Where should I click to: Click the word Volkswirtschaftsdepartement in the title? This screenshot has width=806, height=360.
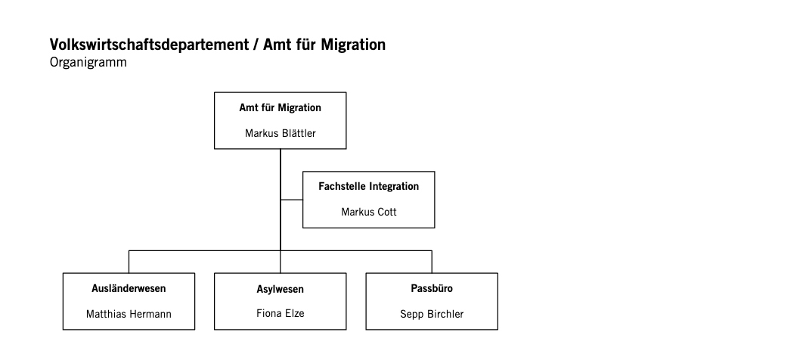click(149, 45)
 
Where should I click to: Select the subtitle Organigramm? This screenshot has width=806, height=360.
click(88, 63)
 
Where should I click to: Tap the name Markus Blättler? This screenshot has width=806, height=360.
click(281, 133)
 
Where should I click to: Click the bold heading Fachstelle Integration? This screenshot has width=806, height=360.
click(368, 186)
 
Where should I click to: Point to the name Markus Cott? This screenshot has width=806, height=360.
click(368, 212)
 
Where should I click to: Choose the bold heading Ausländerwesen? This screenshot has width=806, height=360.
click(129, 288)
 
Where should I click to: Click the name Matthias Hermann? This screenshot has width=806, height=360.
click(129, 314)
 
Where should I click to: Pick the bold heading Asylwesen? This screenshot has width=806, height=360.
click(281, 289)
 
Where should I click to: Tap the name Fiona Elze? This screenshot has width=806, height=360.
click(281, 313)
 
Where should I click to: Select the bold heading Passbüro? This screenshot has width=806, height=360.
click(432, 288)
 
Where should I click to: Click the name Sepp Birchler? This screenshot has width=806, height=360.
click(432, 314)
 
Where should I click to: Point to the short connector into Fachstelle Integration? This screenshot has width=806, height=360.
click(291, 200)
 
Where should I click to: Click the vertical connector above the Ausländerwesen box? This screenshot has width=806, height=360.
click(129, 262)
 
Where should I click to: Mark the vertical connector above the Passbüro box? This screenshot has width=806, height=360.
click(432, 262)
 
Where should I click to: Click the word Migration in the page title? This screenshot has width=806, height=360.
click(353, 45)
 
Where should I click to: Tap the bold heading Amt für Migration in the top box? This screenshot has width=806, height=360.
click(281, 107)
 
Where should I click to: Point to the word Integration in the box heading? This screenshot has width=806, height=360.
click(395, 186)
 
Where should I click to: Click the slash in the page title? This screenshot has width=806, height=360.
click(256, 45)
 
